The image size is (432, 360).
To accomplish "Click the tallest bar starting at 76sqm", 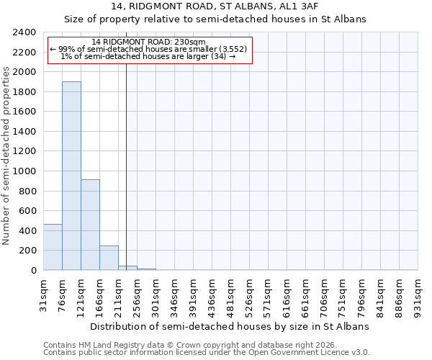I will (x=71, y=176).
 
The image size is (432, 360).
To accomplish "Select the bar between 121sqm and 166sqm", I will (x=90, y=225).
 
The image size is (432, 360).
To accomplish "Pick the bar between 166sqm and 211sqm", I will (x=109, y=258).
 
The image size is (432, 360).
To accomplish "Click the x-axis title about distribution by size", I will (x=230, y=326).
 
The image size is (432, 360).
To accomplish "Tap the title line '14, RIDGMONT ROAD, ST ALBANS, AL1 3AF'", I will (x=215, y=6).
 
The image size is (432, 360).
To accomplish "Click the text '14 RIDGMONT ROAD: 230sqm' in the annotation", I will (x=149, y=42).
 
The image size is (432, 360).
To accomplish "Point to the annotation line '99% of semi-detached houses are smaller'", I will (x=149, y=49).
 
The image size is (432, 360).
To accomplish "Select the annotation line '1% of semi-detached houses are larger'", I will (x=149, y=56).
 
